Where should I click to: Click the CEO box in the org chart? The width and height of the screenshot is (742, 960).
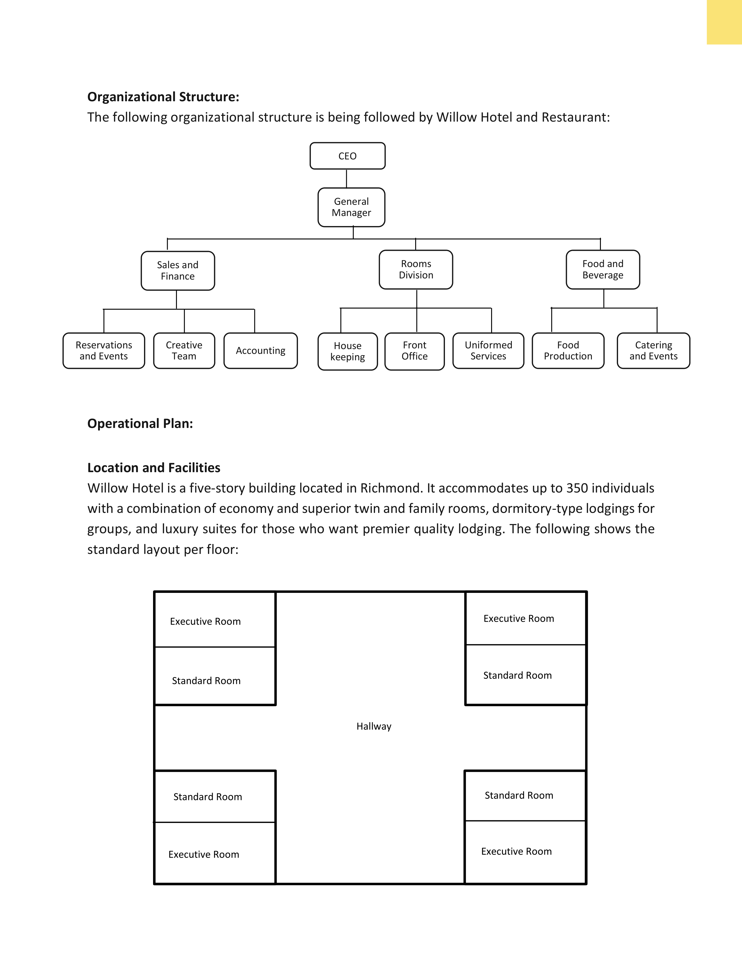(347, 156)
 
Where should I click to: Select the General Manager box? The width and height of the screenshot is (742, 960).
(351, 207)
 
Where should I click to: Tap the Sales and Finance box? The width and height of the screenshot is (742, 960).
(177, 270)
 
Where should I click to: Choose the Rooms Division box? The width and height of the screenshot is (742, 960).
(416, 269)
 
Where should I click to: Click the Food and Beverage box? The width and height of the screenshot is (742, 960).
(603, 269)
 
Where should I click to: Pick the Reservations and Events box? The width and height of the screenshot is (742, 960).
(104, 350)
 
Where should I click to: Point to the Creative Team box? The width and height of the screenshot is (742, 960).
(184, 350)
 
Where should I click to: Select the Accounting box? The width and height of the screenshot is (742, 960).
(261, 350)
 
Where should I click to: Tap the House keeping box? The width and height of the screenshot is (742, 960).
(348, 351)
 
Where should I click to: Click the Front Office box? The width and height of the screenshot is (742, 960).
(415, 351)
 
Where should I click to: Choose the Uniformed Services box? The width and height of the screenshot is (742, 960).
(488, 350)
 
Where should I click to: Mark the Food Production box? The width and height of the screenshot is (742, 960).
(568, 350)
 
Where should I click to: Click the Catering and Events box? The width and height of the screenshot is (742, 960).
(654, 350)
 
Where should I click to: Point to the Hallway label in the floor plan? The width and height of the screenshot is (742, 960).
(374, 726)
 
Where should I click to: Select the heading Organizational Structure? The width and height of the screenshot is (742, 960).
(163, 97)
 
